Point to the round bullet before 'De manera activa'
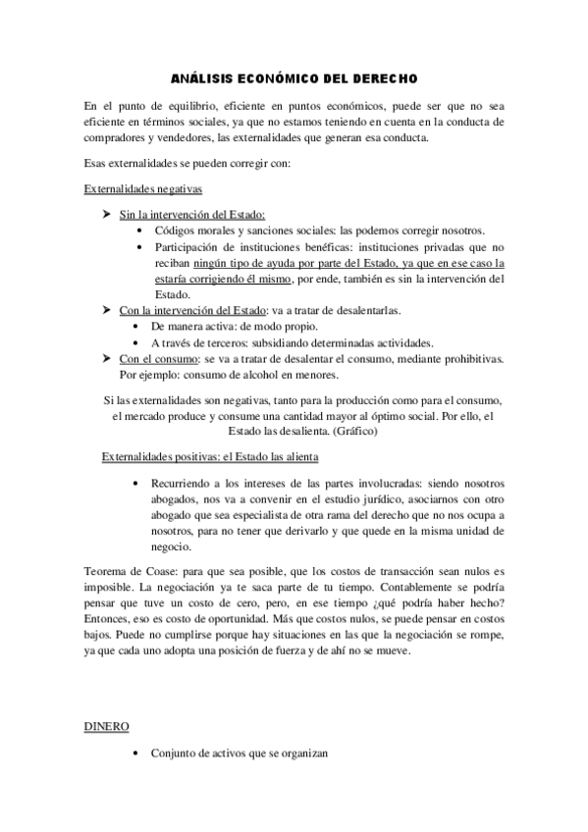click(143, 326)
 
